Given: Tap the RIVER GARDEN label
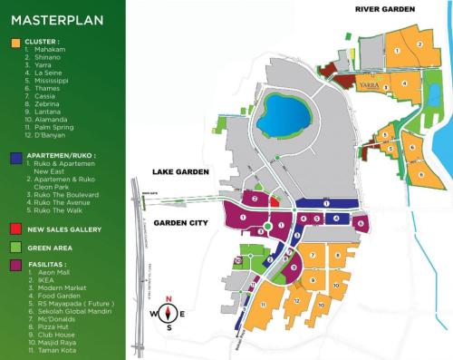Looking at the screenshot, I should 384,9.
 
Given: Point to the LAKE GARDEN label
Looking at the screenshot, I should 180,171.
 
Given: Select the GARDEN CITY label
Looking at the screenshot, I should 180,222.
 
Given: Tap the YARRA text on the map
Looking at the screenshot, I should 369,84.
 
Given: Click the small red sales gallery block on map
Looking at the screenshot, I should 256,198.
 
